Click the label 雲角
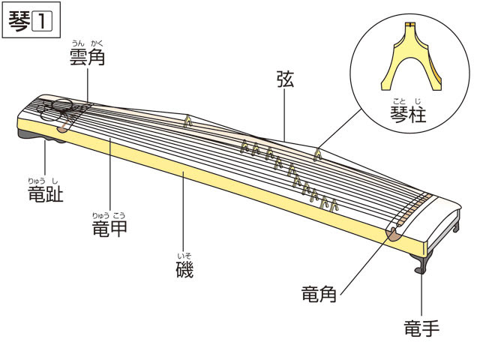85,57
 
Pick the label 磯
184,269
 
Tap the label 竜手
421,328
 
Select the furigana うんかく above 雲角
85,43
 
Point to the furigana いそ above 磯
184,256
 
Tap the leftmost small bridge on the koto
188,119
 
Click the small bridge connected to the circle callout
319,154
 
